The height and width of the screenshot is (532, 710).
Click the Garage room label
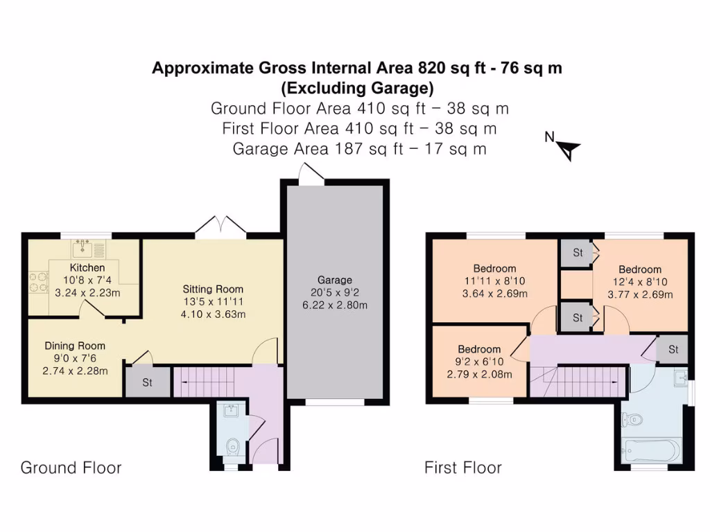[335, 280]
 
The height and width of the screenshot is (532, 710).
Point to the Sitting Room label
[213, 289]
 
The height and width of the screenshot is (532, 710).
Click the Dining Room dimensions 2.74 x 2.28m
[75, 371]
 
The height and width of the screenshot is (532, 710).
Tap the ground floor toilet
[233, 446]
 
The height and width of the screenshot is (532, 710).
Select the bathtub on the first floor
[652, 451]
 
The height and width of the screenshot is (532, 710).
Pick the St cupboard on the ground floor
[148, 382]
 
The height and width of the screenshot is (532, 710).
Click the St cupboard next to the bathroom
[673, 349]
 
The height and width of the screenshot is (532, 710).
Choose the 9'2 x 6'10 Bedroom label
[478, 349]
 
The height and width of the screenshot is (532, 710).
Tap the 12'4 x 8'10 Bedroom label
[640, 269]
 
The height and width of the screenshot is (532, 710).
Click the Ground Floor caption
[71, 468]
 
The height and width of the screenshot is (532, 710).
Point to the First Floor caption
[463, 468]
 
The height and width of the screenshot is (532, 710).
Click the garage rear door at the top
[310, 174]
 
